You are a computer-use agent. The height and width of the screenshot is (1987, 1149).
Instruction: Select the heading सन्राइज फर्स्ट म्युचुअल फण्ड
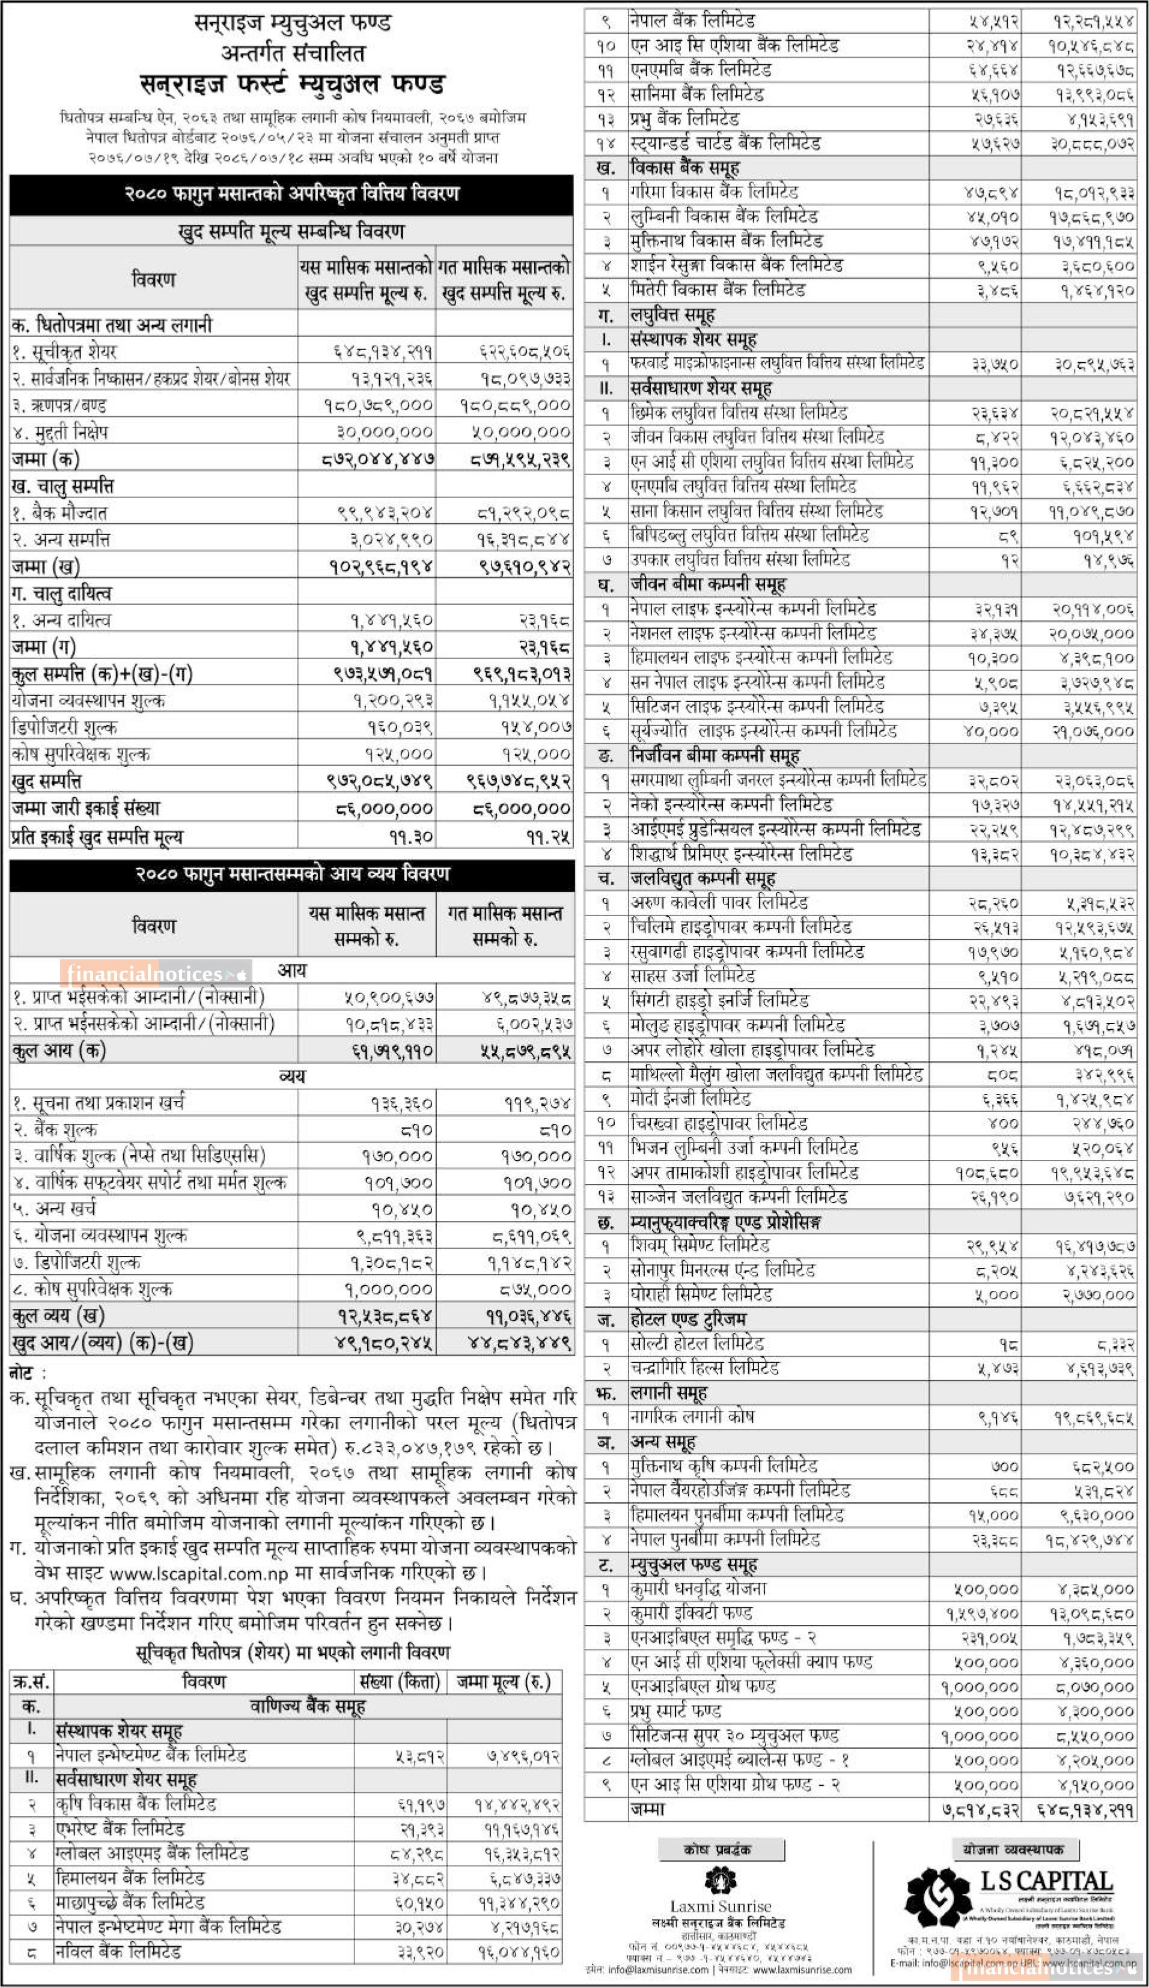pos(292,84)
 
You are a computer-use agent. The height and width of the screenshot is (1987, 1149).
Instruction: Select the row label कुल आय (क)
pos(58,1051)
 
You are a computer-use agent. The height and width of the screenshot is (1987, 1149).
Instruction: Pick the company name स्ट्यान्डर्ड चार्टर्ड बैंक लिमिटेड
pos(725,144)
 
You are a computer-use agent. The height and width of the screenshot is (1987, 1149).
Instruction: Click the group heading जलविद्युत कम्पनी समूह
pos(702,878)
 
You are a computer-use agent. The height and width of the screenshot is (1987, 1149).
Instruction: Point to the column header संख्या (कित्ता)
pos(399,1682)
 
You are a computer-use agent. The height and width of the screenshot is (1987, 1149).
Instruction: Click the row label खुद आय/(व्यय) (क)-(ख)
pos(103,1342)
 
